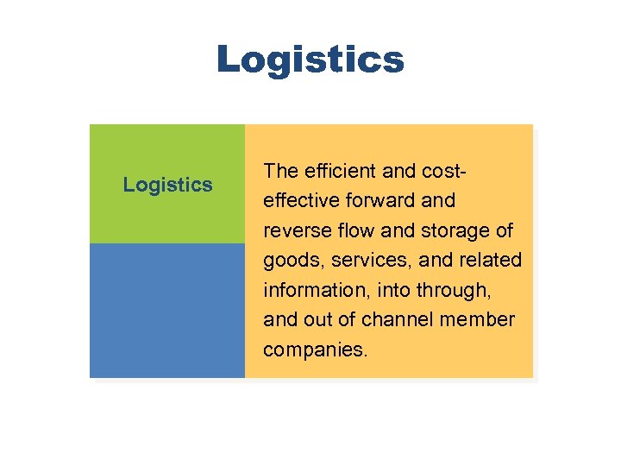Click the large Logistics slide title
[x=310, y=60]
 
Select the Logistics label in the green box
[x=167, y=184]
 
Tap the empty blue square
[x=167, y=311]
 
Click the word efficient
[x=336, y=170]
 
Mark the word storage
[x=456, y=230]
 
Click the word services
[x=361, y=260]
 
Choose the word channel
[x=401, y=319]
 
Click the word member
[x=480, y=319]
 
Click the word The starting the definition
[x=280, y=170]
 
